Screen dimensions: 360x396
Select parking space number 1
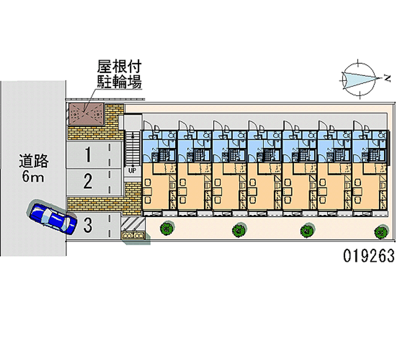88,155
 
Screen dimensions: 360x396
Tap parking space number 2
88,182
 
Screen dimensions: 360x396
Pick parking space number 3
88,226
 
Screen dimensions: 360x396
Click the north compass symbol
358,78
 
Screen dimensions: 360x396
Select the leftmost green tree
166,229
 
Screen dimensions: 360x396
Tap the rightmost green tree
380,231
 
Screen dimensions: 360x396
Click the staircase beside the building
132,147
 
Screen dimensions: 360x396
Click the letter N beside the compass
385,78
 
